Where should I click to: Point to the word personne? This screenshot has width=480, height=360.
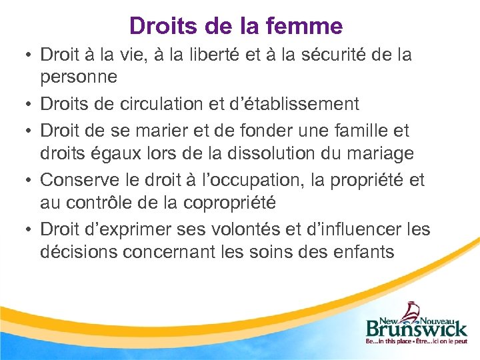click(79, 76)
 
